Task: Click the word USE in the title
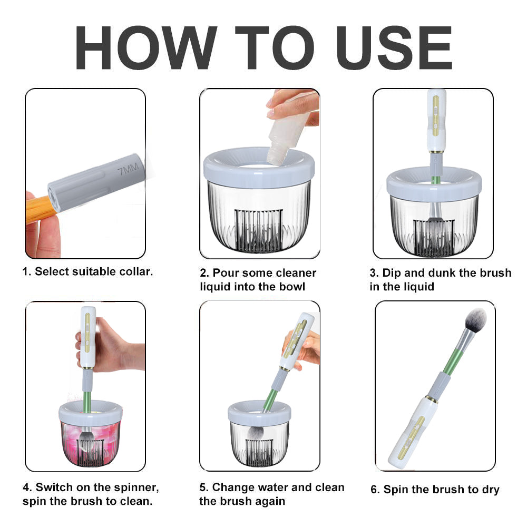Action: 394,48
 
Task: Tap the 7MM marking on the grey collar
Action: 129,169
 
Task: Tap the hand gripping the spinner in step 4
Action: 113,346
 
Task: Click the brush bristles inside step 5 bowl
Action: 257,433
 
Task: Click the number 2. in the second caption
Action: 204,273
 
